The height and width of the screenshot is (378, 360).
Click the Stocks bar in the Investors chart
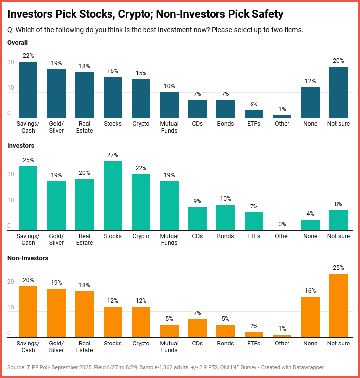coord(112,196)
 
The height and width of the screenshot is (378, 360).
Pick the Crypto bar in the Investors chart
coord(141,202)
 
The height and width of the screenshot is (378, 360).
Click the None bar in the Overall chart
coord(310,103)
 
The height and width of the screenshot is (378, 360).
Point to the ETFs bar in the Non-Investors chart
coord(254,335)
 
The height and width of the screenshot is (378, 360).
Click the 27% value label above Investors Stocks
coord(112,155)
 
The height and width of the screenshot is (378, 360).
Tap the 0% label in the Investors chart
coord(282,224)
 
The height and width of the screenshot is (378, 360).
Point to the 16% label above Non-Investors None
coord(310,291)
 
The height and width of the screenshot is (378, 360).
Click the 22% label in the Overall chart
coord(28,56)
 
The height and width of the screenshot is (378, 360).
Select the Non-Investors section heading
coord(28,258)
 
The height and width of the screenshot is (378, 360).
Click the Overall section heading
coord(18,43)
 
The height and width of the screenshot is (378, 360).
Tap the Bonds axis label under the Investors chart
coord(225,236)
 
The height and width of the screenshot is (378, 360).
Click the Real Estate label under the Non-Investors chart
coord(84,347)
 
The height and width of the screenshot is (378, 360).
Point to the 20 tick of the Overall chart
coord(10,63)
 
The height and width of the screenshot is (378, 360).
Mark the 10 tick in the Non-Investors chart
coord(10,308)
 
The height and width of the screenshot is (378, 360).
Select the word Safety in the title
coord(266,14)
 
